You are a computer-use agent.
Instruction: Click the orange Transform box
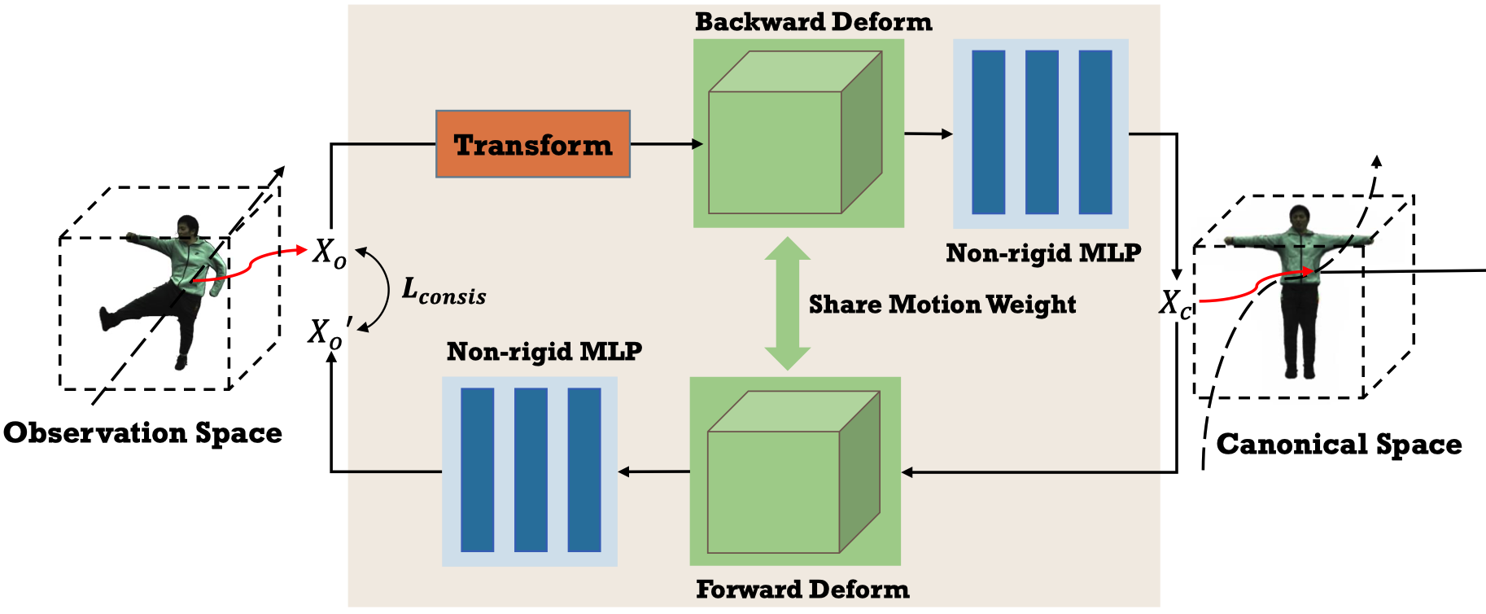(533, 144)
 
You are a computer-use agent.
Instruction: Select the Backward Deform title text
(813, 22)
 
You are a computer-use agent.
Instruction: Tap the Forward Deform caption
(802, 589)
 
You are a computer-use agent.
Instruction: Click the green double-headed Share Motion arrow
(787, 303)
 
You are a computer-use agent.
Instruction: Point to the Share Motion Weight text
(942, 304)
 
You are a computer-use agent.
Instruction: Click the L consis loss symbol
(444, 292)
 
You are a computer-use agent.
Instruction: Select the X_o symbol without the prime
(330, 252)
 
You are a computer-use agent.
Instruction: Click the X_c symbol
(1174, 304)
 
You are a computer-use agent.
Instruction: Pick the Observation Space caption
(142, 432)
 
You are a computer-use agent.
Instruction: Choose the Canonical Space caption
(1339, 444)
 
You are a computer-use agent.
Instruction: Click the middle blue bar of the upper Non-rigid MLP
(1042, 132)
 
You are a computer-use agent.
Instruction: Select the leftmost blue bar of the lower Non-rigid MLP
(477, 470)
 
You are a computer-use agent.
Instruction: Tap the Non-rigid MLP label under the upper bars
(1042, 253)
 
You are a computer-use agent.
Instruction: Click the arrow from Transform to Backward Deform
(666, 144)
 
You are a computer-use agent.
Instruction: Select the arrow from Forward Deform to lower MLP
(653, 471)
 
